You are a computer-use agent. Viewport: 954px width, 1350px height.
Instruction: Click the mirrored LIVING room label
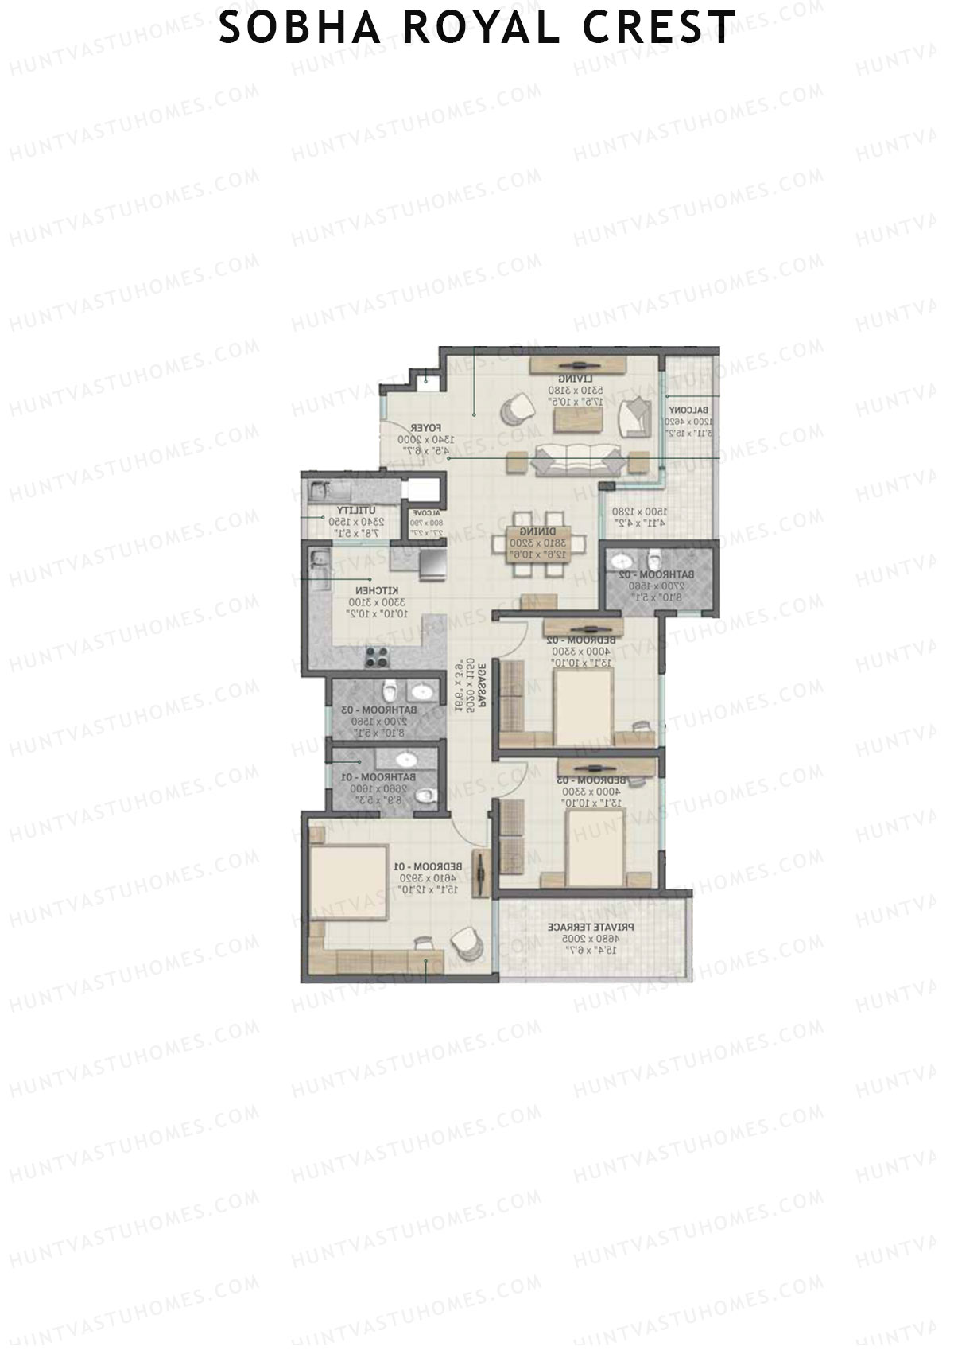click(x=571, y=379)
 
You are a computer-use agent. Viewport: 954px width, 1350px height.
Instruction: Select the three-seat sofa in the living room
click(x=577, y=459)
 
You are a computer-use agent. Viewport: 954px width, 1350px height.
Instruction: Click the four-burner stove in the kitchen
click(x=377, y=657)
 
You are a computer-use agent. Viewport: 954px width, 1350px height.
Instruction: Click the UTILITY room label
click(x=351, y=510)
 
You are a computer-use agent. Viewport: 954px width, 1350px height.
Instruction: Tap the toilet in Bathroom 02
click(x=654, y=558)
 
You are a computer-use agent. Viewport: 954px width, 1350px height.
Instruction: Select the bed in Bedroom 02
click(x=584, y=703)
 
